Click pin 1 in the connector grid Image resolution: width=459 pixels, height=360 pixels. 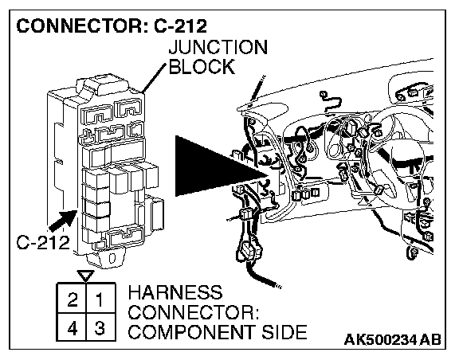click(100, 299)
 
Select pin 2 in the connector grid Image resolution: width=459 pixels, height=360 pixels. click(73, 299)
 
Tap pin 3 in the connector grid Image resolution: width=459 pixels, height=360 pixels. click(100, 327)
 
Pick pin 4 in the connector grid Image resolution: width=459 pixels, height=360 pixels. click(73, 327)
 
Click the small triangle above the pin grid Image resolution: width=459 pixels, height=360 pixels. click(85, 276)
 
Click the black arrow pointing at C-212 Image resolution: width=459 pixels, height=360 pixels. click(62, 221)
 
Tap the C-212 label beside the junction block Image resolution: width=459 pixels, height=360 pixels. click(43, 242)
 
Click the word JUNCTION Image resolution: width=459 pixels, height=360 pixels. click(218, 47)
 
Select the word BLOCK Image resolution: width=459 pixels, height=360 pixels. click(202, 66)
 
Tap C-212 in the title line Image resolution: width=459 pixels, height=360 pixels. click(180, 25)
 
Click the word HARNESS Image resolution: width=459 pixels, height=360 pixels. click(175, 292)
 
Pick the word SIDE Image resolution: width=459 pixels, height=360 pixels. click(284, 332)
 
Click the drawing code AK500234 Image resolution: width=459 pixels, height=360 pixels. click(379, 339)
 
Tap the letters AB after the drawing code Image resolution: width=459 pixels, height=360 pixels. click(430, 339)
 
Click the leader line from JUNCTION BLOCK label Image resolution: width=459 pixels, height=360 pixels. click(155, 78)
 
